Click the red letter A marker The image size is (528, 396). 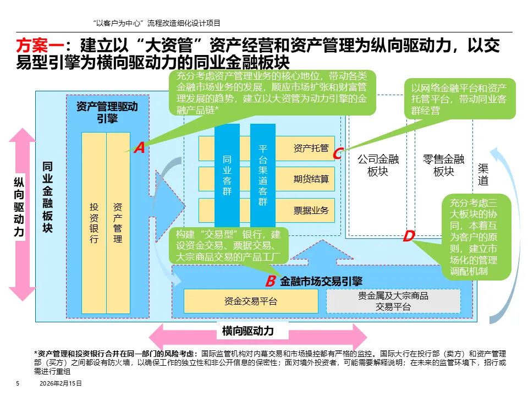(139, 147)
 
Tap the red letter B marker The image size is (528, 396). (270, 282)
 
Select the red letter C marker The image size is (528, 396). (338, 154)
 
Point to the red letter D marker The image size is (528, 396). (408, 237)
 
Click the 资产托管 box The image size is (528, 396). (311, 148)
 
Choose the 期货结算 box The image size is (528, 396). (311, 179)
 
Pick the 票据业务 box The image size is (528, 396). (311, 210)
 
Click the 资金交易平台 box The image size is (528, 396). (251, 301)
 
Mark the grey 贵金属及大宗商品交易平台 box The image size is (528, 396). (393, 301)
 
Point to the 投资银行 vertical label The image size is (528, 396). (94, 223)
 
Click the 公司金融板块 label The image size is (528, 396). (378, 165)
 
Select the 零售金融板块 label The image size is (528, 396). (443, 165)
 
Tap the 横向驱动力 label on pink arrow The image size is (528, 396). (248, 331)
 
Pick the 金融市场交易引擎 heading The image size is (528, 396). (321, 282)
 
